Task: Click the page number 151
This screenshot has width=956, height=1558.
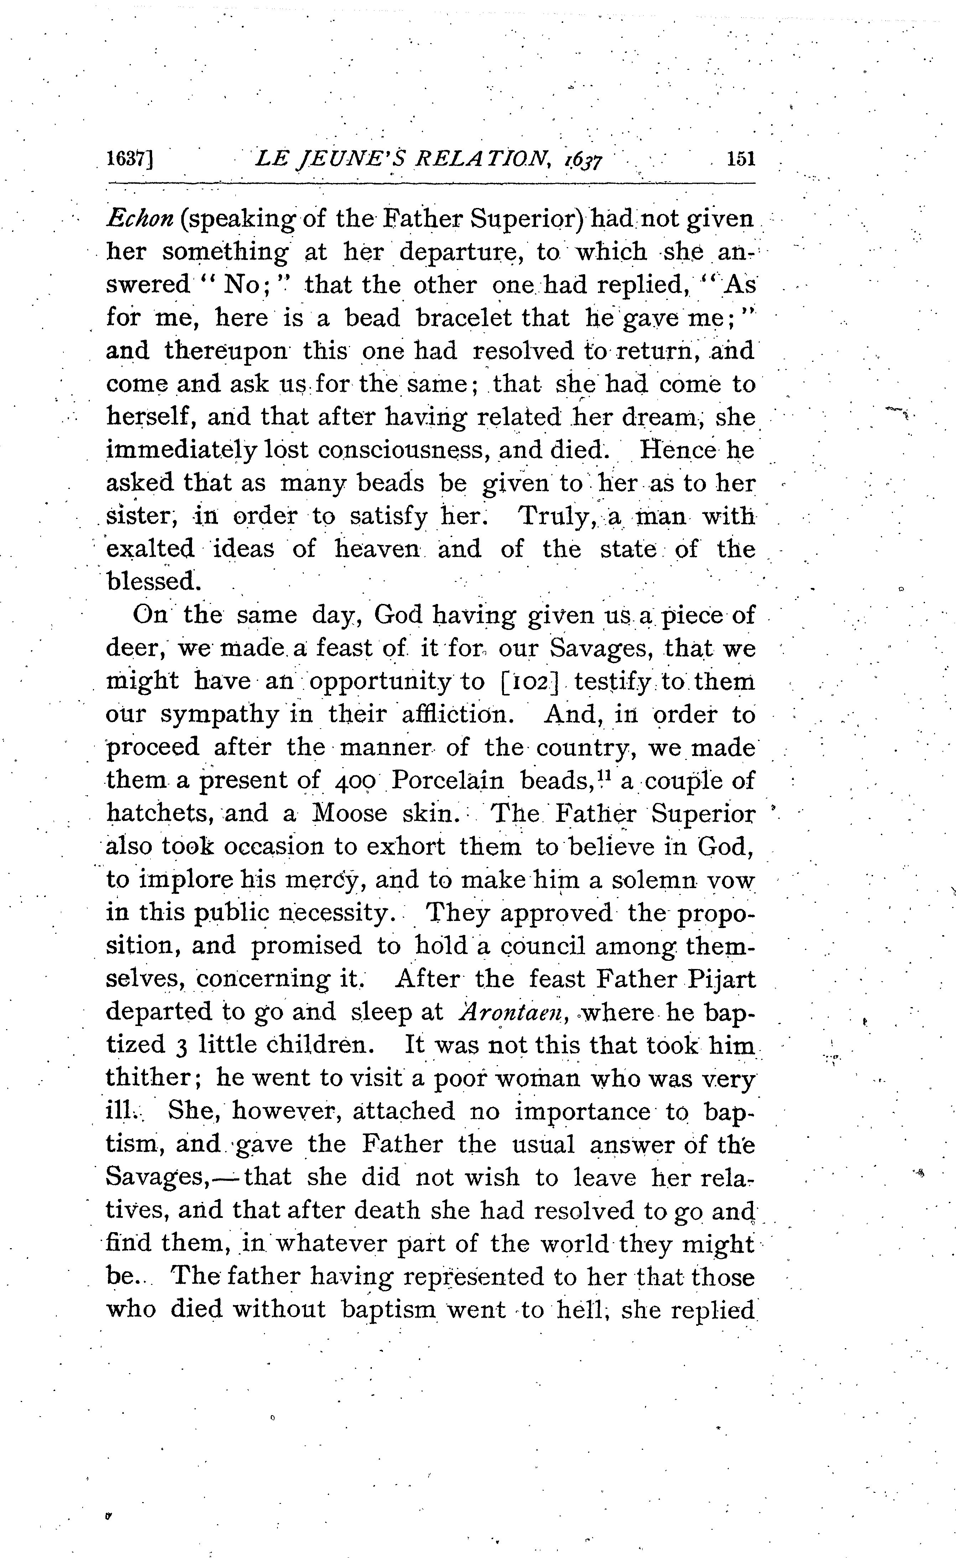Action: click(x=741, y=158)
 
